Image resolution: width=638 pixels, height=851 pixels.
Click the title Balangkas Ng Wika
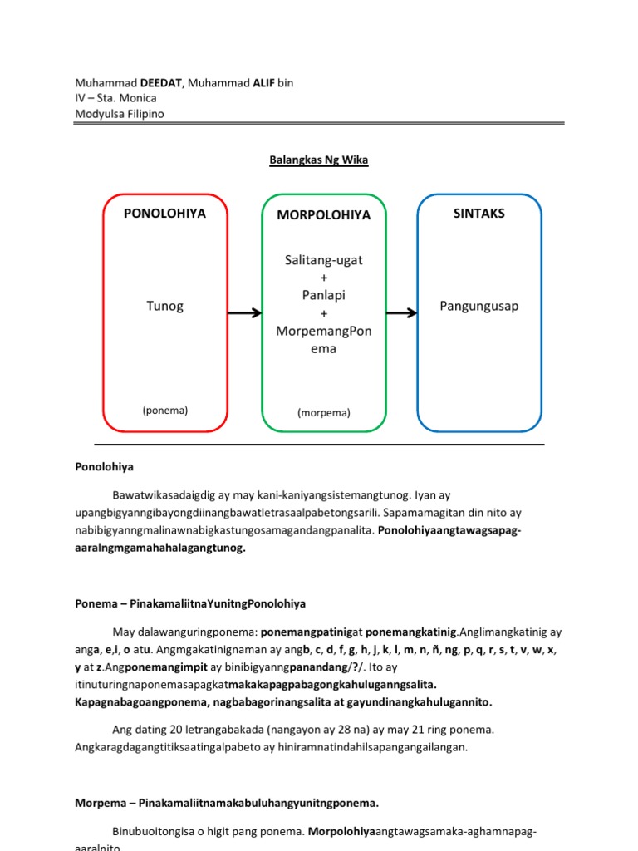click(x=318, y=160)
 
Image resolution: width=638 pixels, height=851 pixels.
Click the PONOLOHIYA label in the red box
click(x=164, y=213)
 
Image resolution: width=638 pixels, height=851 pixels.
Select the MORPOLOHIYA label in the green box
click(x=324, y=214)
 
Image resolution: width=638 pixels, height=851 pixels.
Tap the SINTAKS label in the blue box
click(x=478, y=214)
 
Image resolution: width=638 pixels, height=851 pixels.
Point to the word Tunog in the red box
click(x=164, y=306)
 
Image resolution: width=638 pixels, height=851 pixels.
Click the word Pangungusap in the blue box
click(x=478, y=306)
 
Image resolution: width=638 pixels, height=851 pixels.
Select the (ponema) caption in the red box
click(x=164, y=410)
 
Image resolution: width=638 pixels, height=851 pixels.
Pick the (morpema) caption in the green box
click(x=324, y=412)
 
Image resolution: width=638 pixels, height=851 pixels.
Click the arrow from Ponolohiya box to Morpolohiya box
click(x=244, y=312)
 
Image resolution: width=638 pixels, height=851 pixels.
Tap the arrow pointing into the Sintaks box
click(x=401, y=312)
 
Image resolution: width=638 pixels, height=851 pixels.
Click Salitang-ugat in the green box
click(x=324, y=260)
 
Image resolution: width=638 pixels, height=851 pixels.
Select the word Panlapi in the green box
click(x=324, y=295)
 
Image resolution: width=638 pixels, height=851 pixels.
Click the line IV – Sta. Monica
click(x=115, y=98)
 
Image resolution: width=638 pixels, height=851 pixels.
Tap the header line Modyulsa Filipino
click(x=120, y=114)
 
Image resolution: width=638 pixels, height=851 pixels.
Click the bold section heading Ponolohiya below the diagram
click(x=104, y=467)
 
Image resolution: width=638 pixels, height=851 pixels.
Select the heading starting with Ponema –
click(x=191, y=603)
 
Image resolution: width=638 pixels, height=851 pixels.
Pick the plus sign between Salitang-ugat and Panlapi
click(x=324, y=278)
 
